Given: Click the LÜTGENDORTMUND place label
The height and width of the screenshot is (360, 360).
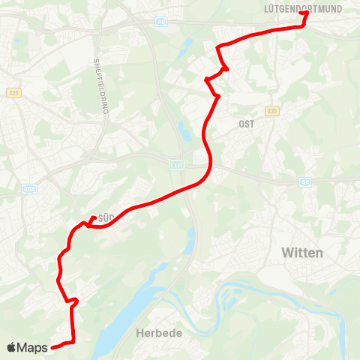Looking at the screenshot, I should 303,10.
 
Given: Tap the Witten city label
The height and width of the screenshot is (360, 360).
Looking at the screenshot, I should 302,253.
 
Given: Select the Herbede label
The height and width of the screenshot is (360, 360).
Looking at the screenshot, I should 157,331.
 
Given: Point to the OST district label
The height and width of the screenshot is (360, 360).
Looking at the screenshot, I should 247,124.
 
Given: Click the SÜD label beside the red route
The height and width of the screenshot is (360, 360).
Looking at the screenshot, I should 106,218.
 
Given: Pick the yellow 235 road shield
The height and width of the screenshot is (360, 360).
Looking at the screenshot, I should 271,110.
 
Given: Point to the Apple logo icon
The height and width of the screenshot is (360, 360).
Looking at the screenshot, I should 11,348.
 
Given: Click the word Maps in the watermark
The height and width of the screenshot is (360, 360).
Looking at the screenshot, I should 32,348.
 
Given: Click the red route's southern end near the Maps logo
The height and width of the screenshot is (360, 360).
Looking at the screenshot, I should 52,347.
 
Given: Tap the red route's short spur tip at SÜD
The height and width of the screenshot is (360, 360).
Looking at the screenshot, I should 93,218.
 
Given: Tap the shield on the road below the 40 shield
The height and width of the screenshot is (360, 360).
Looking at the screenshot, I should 175,163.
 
